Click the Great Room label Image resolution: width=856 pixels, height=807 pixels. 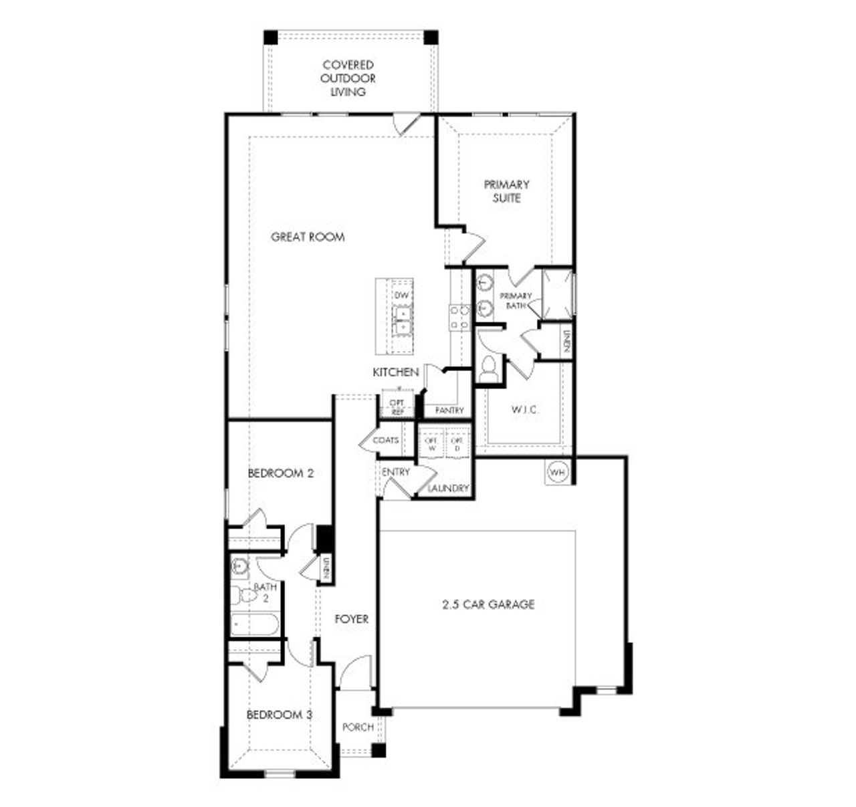[308, 237]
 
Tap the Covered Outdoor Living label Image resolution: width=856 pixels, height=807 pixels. [348, 78]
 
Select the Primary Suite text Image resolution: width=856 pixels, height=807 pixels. [506, 191]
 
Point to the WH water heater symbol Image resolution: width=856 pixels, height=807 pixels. [557, 473]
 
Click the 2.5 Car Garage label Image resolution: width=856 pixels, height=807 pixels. [488, 604]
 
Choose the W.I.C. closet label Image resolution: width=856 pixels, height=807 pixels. [524, 410]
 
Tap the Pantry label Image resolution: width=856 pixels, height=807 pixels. [449, 411]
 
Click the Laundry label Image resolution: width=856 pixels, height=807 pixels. [448, 489]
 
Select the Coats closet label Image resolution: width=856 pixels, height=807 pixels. [385, 441]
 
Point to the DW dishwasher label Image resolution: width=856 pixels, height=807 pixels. [401, 296]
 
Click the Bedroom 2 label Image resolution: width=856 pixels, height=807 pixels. [281, 473]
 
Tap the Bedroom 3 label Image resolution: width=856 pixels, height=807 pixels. [280, 715]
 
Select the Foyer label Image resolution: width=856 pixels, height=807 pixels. [351, 620]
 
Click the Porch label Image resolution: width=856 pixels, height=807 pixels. [358, 727]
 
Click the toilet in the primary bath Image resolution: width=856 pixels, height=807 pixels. [490, 368]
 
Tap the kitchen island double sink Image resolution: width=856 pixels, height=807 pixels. [403, 320]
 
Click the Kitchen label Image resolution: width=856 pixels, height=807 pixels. [396, 372]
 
